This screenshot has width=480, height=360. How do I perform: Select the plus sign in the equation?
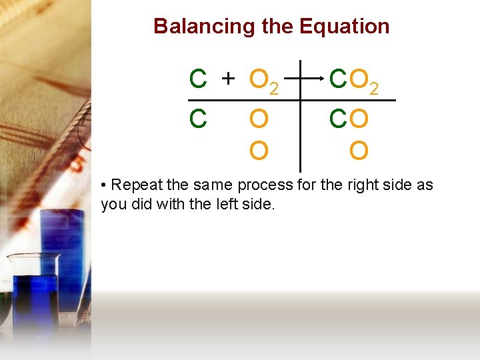228,79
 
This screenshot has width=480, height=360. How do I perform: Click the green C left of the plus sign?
197,79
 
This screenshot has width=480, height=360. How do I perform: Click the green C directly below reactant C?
197,119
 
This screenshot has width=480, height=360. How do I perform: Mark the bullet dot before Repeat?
104,185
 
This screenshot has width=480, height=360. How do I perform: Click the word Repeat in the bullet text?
133,185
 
